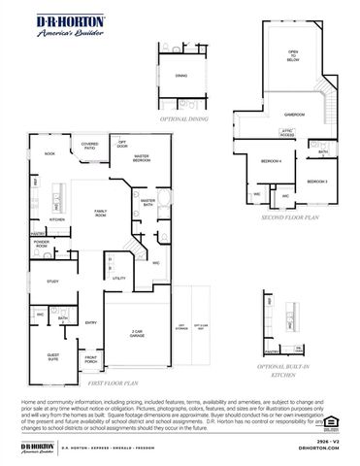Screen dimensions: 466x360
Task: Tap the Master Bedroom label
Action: click(x=141, y=156)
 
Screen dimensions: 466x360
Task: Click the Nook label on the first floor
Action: click(x=49, y=153)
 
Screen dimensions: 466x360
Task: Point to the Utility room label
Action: click(x=119, y=279)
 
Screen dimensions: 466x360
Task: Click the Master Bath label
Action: click(x=147, y=202)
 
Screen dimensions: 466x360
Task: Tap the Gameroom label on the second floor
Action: click(x=294, y=114)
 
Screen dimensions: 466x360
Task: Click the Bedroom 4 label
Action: click(x=271, y=161)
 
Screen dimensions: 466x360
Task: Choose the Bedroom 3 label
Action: click(x=317, y=182)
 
